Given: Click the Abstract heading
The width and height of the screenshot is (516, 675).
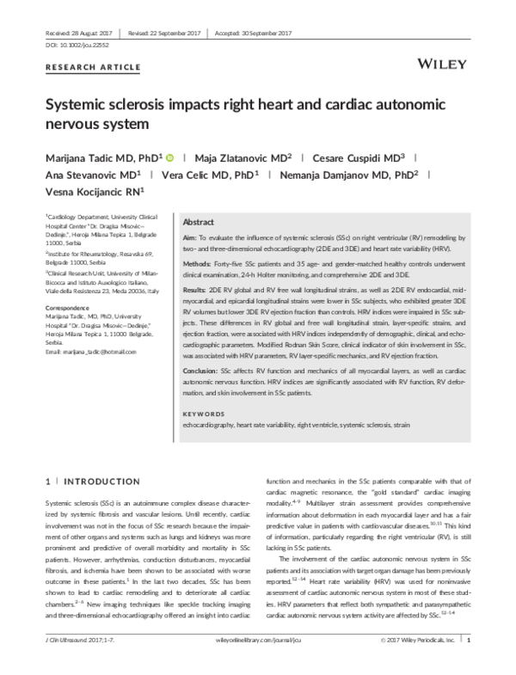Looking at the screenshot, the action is (x=199, y=221).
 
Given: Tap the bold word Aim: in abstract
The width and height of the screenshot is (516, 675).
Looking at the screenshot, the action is (x=191, y=236).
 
